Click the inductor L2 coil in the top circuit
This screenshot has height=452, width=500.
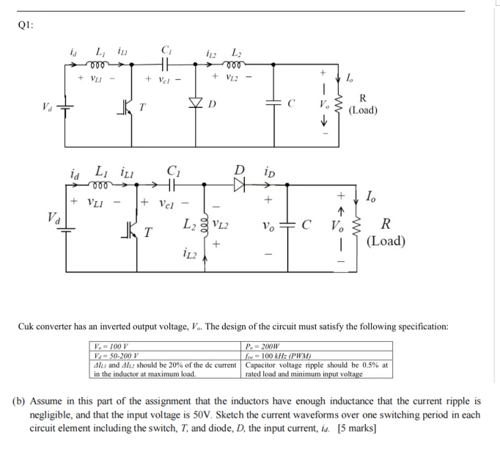click(236, 64)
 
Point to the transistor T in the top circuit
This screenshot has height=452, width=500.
click(130, 104)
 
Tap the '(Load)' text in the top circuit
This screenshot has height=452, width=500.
click(363, 111)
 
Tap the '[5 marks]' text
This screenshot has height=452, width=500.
click(357, 429)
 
